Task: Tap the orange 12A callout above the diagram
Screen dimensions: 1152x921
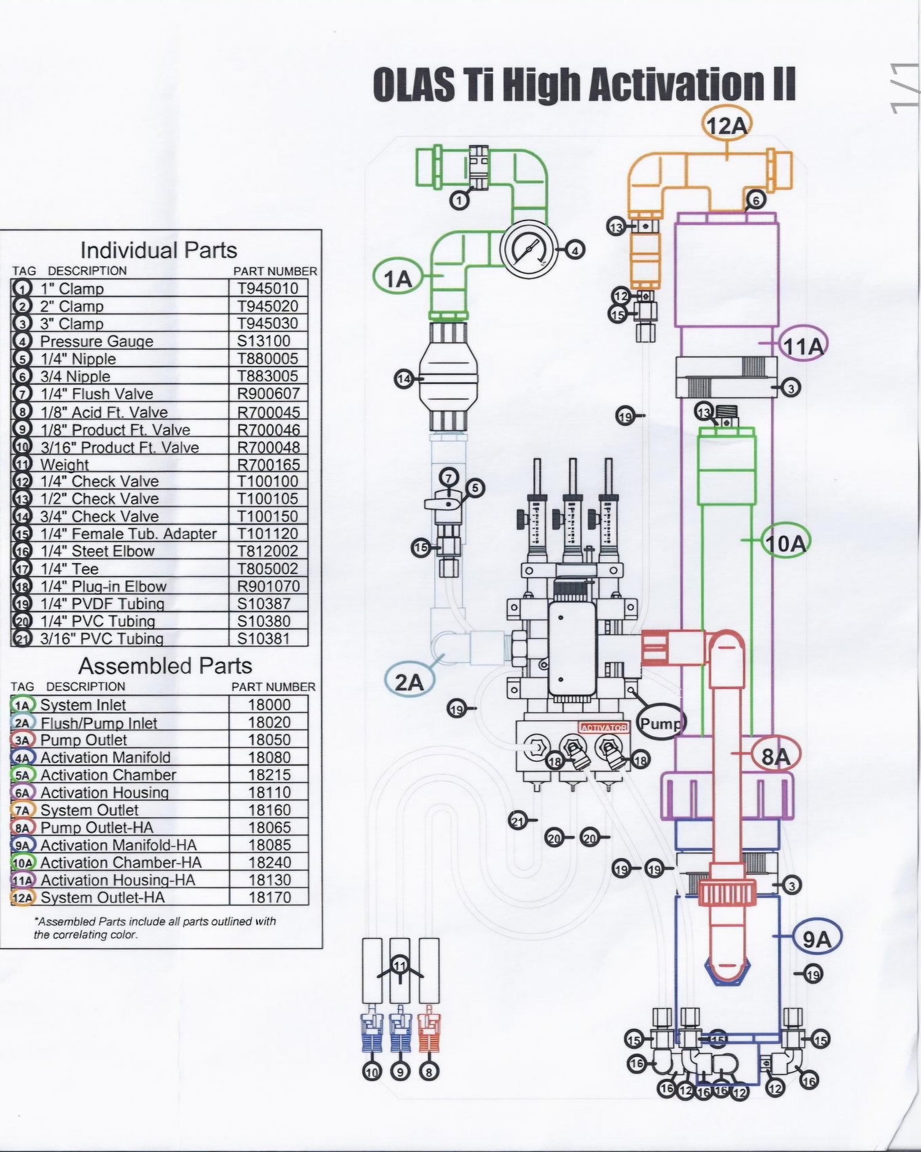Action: [x=726, y=125]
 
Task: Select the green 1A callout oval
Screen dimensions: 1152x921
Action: [x=397, y=279]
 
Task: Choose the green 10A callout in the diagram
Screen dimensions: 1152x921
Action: [x=786, y=543]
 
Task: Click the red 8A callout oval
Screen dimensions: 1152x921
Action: [x=776, y=756]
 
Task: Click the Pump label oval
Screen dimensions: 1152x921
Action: [x=661, y=723]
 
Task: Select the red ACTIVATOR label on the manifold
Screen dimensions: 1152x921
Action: [x=604, y=727]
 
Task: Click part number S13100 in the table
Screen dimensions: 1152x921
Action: [x=263, y=341]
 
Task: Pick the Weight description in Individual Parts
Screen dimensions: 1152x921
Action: [x=64, y=464]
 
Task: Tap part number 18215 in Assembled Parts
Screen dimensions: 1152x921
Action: [x=269, y=775]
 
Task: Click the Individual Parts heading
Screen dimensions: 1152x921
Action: [x=158, y=250]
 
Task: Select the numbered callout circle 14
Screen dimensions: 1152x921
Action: [x=403, y=379]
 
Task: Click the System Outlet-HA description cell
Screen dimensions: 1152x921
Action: [x=103, y=898]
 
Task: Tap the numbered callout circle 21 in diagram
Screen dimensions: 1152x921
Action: [x=518, y=820]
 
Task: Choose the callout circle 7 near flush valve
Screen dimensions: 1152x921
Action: [x=449, y=477]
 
